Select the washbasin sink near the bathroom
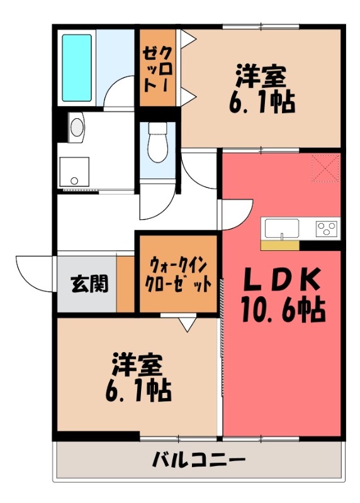[x=77, y=127]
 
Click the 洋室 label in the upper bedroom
[x=261, y=76]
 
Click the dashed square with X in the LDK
[x=326, y=169]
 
